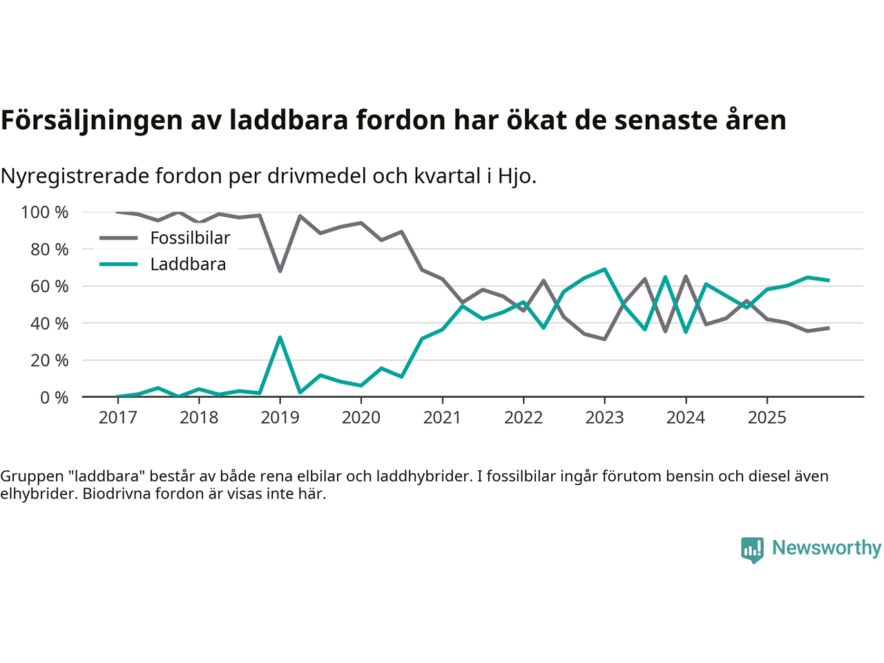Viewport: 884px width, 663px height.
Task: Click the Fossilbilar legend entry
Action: pyautogui.click(x=190, y=238)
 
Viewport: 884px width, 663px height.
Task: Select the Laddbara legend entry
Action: pyautogui.click(x=188, y=265)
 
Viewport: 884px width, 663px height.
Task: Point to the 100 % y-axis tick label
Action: pyautogui.click(x=45, y=213)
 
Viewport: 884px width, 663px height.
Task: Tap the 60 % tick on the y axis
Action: pyautogui.click(x=49, y=287)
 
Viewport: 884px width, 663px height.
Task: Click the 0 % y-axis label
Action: pyautogui.click(x=54, y=398)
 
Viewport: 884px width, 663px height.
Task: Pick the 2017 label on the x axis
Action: pyautogui.click(x=117, y=418)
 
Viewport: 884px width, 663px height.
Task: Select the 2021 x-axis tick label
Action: pyautogui.click(x=442, y=418)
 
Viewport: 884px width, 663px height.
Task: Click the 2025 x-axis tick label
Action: pyautogui.click(x=767, y=418)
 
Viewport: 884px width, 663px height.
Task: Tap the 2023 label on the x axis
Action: pyautogui.click(x=604, y=418)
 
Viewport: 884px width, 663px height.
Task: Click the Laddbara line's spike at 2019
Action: pyautogui.click(x=280, y=337)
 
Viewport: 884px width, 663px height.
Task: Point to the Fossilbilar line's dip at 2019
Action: pyautogui.click(x=280, y=271)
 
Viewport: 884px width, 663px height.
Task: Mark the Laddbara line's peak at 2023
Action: pyautogui.click(x=604, y=269)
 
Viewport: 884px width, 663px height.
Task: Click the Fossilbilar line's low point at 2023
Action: pyautogui.click(x=604, y=339)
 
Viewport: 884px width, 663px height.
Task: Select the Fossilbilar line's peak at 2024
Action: pyautogui.click(x=686, y=277)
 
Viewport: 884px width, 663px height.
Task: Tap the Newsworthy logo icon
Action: pyautogui.click(x=752, y=550)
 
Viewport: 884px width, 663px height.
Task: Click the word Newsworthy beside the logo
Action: pyautogui.click(x=827, y=548)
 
